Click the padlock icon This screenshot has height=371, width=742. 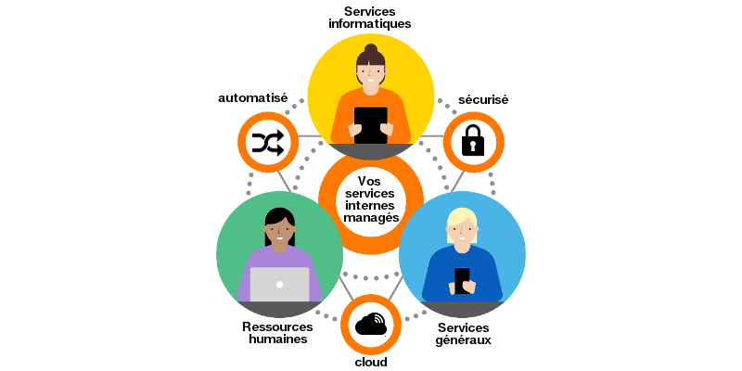click(473, 141)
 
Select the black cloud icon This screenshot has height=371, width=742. click(370, 324)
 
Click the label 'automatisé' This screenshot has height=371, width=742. click(252, 97)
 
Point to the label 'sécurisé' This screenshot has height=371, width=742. click(484, 99)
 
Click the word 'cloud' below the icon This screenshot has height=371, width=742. click(371, 362)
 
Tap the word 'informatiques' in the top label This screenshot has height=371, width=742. click(370, 23)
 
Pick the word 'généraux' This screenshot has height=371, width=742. click(464, 339)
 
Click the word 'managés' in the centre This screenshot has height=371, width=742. click(371, 217)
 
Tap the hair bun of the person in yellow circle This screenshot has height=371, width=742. click(371, 49)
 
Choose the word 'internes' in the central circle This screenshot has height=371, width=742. click(371, 205)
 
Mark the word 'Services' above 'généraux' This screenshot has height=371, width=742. click(464, 326)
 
